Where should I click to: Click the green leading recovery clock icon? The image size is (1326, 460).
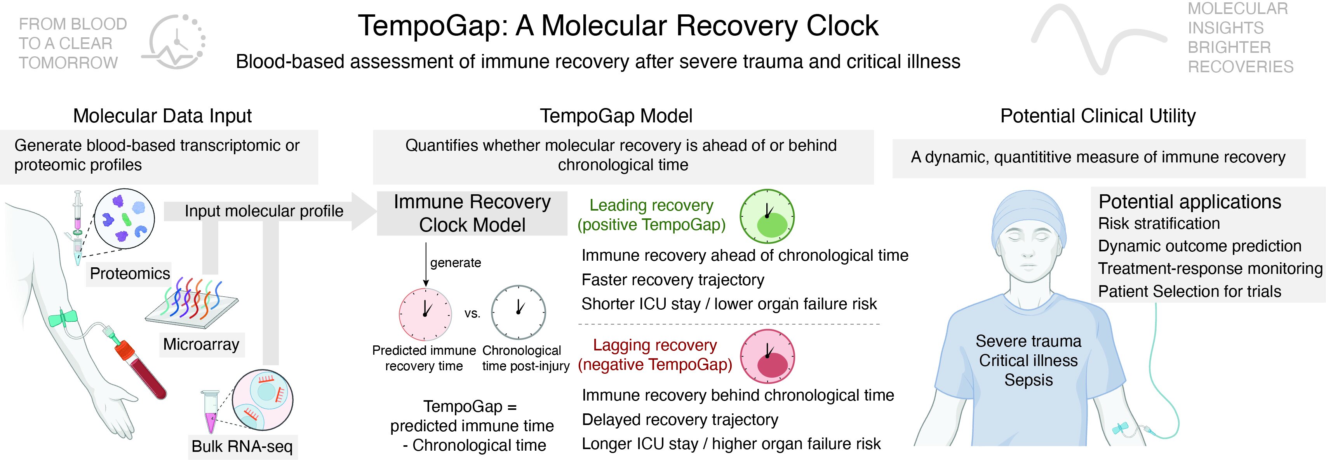coord(767,216)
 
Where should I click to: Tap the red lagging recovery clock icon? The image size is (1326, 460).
coord(767,357)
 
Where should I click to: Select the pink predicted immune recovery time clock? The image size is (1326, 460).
coord(425,314)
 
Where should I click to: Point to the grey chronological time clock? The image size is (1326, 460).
coord(519,312)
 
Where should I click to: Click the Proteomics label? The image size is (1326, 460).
coord(130,273)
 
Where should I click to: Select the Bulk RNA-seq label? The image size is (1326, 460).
coord(242,446)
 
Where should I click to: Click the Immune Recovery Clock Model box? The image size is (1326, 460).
coord(472,213)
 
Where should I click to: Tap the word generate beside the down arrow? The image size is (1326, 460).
coord(456,263)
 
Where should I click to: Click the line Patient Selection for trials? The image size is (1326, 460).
coord(1190,291)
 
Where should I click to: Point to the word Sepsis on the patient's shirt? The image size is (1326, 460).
coord(1028,380)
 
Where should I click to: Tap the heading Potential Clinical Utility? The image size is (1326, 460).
coord(1098,116)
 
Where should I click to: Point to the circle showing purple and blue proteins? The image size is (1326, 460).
coord(125,219)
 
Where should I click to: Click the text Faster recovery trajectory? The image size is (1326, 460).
coord(673,280)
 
